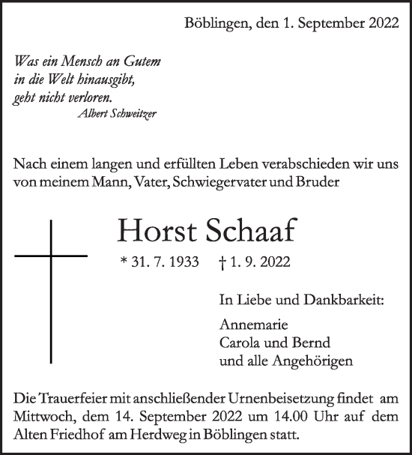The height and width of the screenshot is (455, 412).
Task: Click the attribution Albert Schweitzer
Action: point(118,113)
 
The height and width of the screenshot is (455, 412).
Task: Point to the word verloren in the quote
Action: point(87,97)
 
